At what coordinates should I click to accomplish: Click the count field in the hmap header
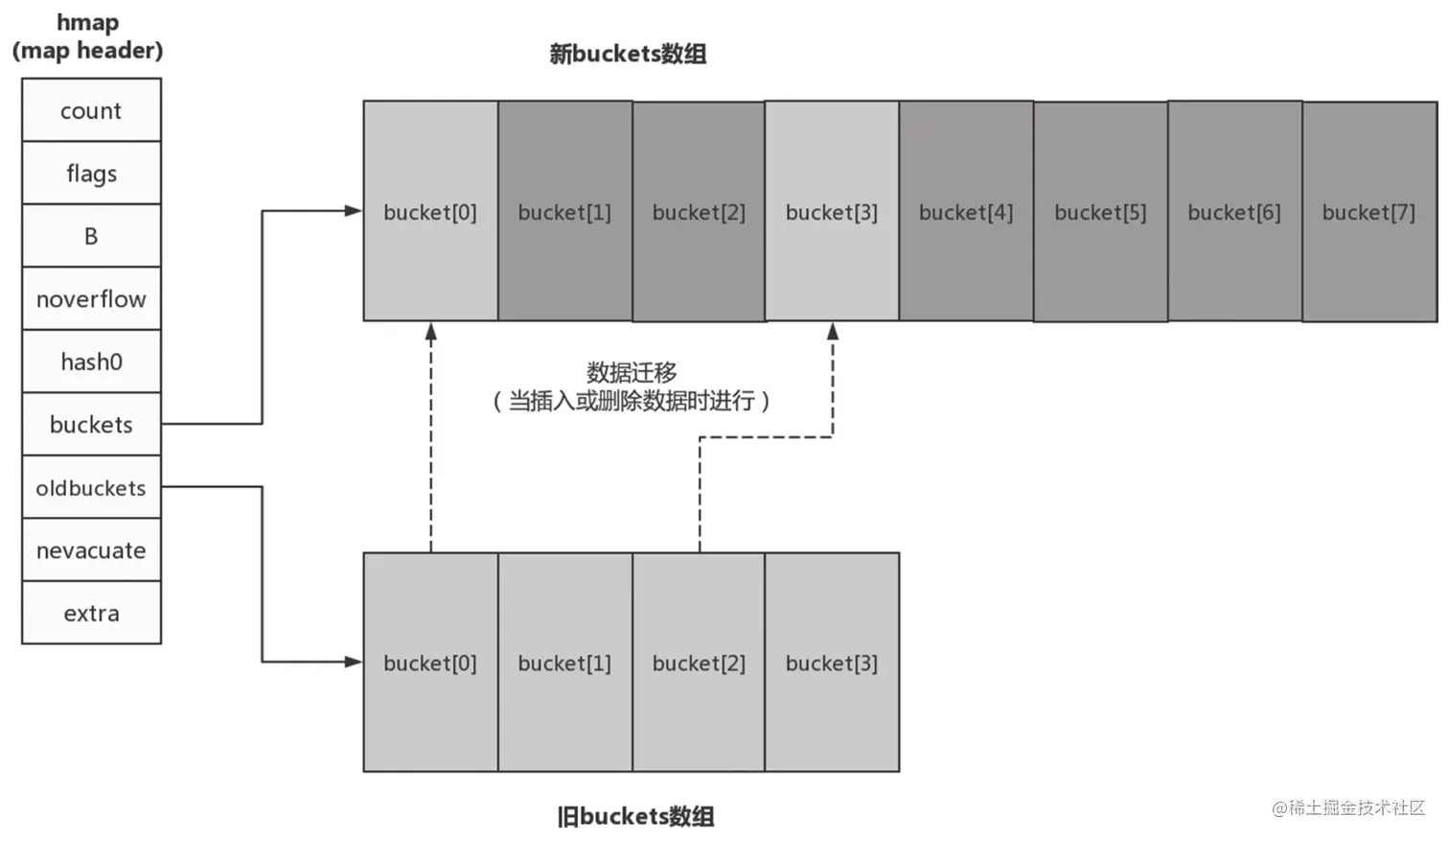[91, 110]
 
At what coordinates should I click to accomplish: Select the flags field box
[91, 173]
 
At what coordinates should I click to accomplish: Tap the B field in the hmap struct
[91, 236]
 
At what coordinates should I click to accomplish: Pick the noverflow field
[91, 299]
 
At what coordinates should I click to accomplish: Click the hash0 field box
[91, 362]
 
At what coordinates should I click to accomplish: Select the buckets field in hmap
[91, 424]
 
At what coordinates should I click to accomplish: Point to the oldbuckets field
[91, 487]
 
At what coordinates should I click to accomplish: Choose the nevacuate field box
[91, 550]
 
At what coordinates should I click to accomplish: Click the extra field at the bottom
[91, 613]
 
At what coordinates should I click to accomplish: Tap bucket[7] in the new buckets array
[1368, 212]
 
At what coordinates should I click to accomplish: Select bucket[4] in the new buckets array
[966, 212]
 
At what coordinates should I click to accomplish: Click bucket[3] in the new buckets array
[832, 212]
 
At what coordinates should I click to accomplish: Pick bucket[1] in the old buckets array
[564, 663]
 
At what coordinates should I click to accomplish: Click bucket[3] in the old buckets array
[832, 663]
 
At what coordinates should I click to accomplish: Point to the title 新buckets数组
[628, 54]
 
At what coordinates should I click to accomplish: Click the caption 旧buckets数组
[635, 816]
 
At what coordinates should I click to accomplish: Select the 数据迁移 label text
[632, 372]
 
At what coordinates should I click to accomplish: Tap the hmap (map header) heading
[87, 36]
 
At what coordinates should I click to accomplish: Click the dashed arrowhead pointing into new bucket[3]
[833, 331]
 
